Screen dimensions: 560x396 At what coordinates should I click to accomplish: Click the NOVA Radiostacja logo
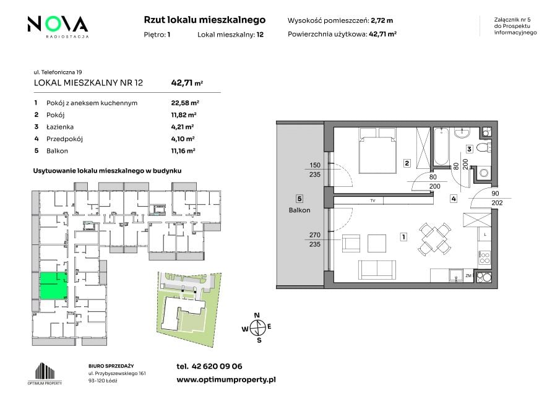(x=58, y=27)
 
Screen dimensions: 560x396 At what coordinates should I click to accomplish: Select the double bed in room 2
(x=378, y=151)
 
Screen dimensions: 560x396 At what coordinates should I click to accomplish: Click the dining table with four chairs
(x=434, y=239)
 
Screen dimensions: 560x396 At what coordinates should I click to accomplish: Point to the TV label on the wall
(x=373, y=200)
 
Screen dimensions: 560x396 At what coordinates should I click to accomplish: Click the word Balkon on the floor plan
(x=299, y=210)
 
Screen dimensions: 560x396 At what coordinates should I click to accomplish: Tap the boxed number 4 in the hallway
(x=453, y=199)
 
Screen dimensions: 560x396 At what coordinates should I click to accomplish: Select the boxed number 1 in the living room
(x=403, y=237)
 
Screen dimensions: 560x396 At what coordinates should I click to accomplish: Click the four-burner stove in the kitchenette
(x=485, y=257)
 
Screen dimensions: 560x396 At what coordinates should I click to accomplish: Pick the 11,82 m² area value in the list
(x=184, y=114)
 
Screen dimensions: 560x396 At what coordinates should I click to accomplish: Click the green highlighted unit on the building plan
(x=53, y=286)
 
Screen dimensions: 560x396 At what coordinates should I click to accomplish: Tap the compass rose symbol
(x=257, y=327)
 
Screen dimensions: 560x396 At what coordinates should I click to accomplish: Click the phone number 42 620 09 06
(x=217, y=366)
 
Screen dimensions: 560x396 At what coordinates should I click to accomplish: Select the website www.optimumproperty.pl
(x=226, y=380)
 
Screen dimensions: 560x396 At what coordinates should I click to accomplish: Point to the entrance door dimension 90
(x=495, y=194)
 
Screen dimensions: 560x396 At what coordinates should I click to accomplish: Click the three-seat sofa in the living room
(x=377, y=270)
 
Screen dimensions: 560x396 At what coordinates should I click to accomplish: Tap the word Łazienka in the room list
(x=60, y=127)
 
